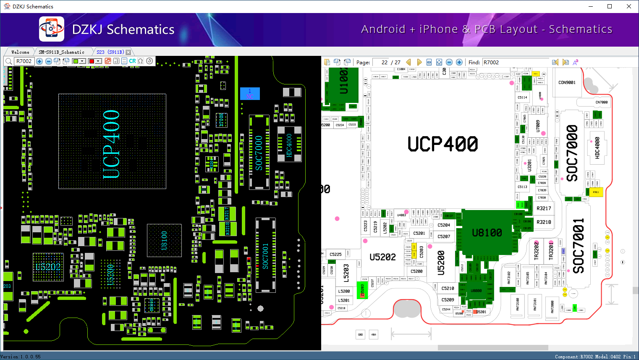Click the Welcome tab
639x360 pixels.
(20, 52)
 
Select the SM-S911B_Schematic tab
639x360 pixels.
(61, 52)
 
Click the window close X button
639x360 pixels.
(629, 6)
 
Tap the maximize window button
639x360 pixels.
(610, 6)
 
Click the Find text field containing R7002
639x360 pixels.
(516, 62)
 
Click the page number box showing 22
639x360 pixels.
(381, 62)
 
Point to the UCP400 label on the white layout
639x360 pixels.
(443, 144)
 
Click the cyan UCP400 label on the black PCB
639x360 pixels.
(112, 144)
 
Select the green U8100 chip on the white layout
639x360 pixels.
(487, 232)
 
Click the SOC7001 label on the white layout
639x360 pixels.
(579, 246)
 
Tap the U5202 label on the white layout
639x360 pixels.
(382, 257)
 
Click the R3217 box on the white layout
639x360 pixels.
(544, 208)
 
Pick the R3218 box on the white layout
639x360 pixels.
(544, 222)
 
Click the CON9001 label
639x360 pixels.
(567, 83)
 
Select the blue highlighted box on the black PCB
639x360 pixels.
(250, 94)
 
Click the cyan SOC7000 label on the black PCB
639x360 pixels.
(259, 153)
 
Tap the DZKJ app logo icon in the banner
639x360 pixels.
(52, 29)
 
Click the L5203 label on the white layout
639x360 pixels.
(346, 272)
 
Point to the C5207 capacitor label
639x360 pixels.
(444, 236)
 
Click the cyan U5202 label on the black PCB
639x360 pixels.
(48, 267)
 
